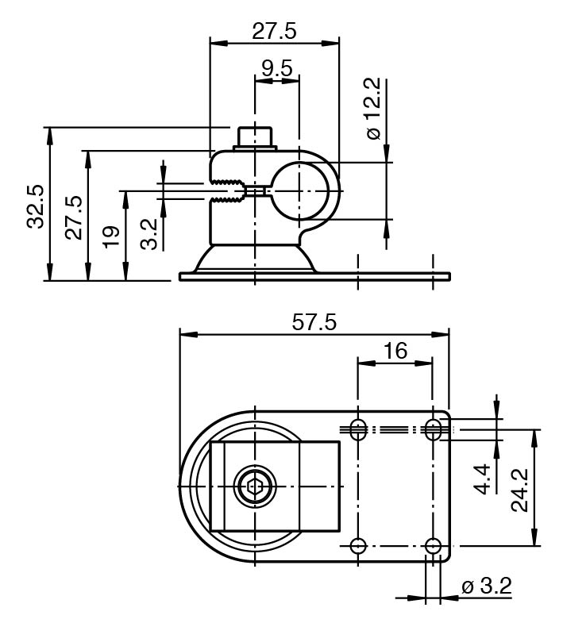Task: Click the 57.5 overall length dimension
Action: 314,322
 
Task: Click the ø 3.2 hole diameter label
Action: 487,587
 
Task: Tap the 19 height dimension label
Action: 112,236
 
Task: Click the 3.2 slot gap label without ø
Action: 149,233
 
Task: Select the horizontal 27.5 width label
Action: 274,31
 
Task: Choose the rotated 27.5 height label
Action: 73,217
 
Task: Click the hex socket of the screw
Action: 254,485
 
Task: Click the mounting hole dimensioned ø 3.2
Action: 433,546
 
